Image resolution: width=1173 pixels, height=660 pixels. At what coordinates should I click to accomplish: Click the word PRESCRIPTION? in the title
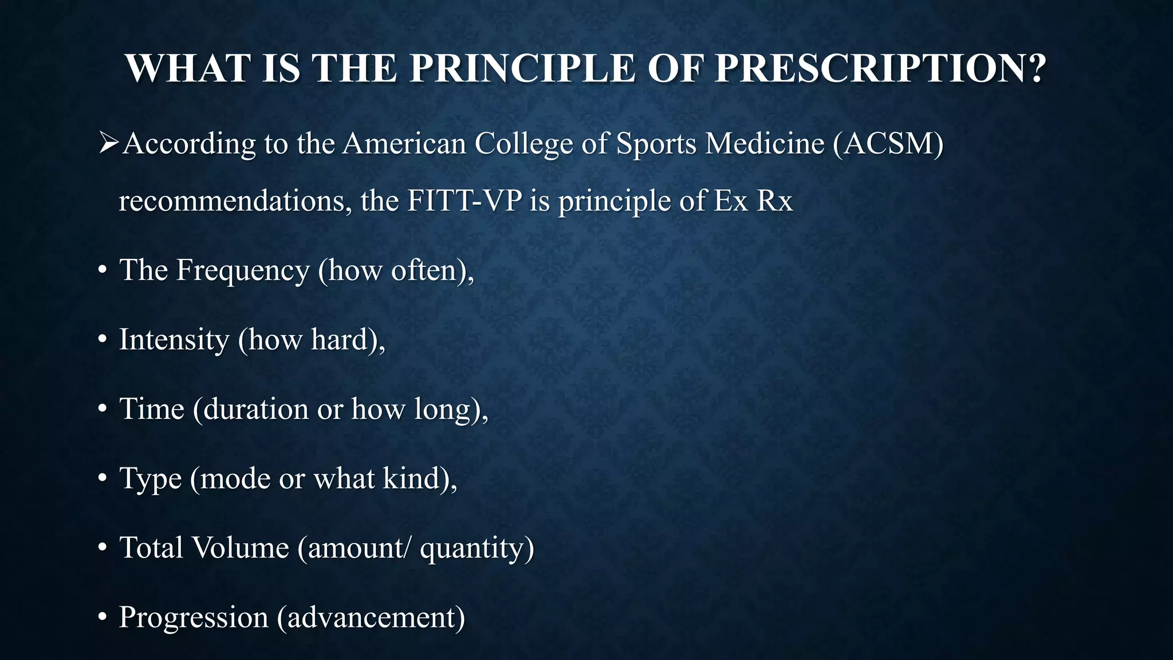tap(881, 69)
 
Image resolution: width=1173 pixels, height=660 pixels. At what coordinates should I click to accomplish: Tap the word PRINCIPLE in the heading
tap(522, 69)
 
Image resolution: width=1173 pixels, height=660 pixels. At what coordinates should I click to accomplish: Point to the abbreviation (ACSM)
tap(888, 143)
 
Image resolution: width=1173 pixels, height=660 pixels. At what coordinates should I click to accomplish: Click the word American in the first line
tap(404, 143)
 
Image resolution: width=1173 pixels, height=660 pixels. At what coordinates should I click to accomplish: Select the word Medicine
tap(765, 143)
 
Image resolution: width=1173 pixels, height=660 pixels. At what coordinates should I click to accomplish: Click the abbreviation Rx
tap(775, 201)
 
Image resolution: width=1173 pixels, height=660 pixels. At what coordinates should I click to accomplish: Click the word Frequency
tap(243, 270)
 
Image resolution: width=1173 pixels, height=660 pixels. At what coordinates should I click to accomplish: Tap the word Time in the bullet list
tap(152, 409)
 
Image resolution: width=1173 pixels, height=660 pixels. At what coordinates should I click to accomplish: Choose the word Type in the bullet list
tap(150, 479)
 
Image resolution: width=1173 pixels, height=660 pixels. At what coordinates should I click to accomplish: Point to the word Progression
tap(194, 618)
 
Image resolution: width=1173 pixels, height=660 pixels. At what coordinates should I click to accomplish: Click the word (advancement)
tap(371, 618)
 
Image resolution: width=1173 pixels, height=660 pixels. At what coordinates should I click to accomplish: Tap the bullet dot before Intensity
tap(103, 340)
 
